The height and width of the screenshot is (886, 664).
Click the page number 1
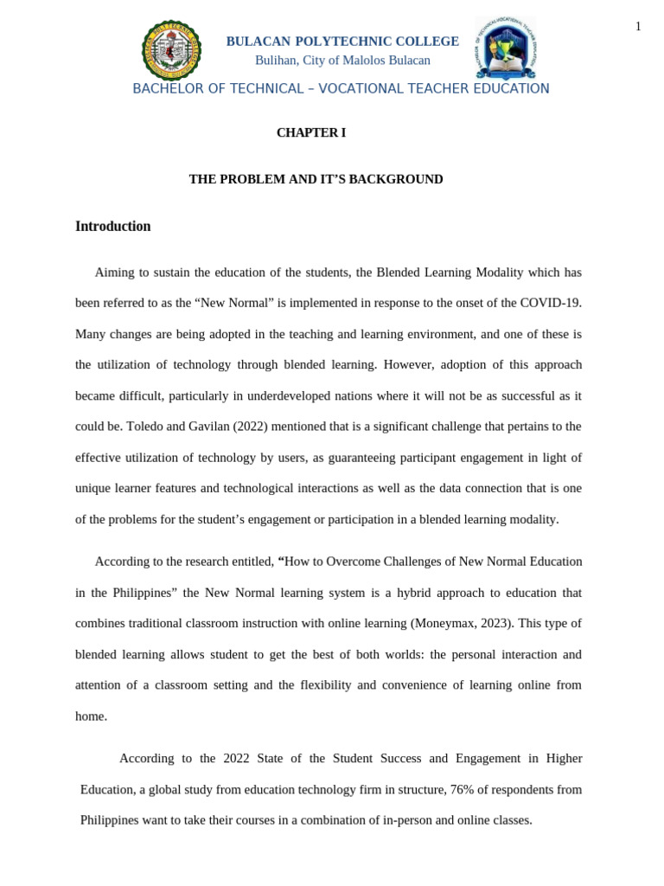click(x=638, y=27)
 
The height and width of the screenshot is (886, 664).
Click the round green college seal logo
click(x=171, y=50)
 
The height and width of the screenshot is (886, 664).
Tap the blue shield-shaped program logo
click(x=506, y=48)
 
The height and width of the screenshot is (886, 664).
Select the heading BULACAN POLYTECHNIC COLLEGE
click(x=342, y=42)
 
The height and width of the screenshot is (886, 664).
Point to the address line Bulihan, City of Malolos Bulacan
click(x=342, y=61)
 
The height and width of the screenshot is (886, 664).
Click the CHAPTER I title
click(x=311, y=132)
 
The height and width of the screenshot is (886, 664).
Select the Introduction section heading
click(x=113, y=227)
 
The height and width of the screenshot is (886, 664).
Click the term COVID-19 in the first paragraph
click(x=551, y=303)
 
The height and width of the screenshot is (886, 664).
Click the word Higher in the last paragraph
click(x=565, y=758)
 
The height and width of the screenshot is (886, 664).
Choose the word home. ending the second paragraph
click(x=92, y=716)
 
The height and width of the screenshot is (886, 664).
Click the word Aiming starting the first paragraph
click(x=114, y=273)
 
